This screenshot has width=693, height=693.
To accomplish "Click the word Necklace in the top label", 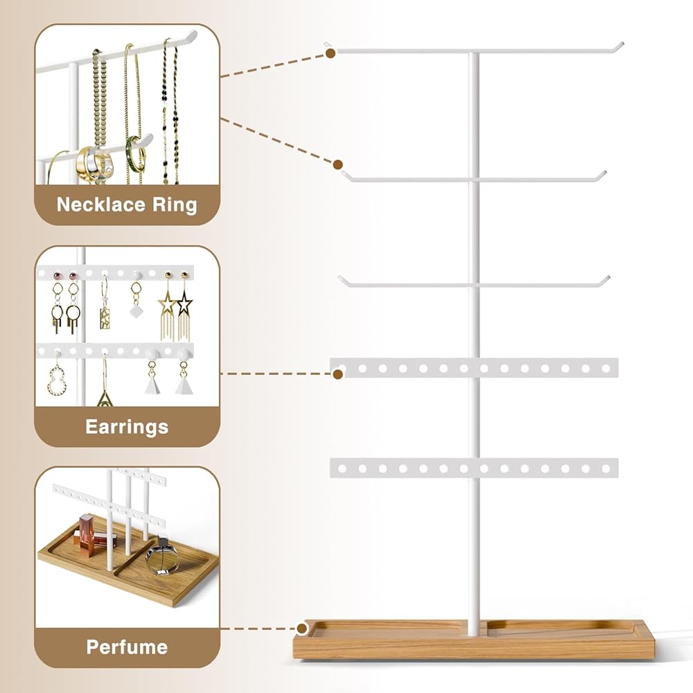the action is pyautogui.click(x=101, y=204).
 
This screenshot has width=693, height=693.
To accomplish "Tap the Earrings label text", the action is pyautogui.click(x=127, y=428).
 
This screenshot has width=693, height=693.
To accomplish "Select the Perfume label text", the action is pyautogui.click(x=127, y=647).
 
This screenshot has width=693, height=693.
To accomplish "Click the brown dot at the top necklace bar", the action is pyautogui.click(x=330, y=53).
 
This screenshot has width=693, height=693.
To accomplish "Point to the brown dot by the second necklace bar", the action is pyautogui.click(x=337, y=164).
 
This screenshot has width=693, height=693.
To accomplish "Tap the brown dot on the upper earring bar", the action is pyautogui.click(x=338, y=374).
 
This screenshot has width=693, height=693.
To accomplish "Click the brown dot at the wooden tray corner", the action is pyautogui.click(x=302, y=628).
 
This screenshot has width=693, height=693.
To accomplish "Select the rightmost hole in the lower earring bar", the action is pyautogui.click(x=606, y=468).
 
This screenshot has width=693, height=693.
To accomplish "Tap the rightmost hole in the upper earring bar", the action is pyautogui.click(x=606, y=369).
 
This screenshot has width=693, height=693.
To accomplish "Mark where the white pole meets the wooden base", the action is pyautogui.click(x=473, y=633).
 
